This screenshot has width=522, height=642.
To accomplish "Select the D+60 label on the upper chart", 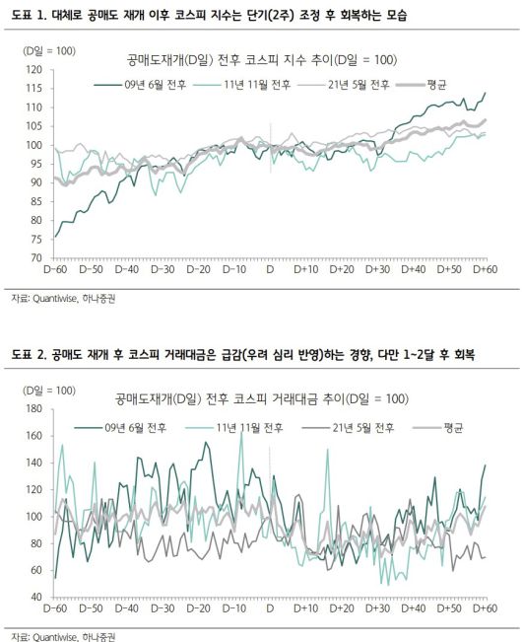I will (485, 268).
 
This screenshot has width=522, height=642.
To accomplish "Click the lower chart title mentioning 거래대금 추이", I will (261, 398).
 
